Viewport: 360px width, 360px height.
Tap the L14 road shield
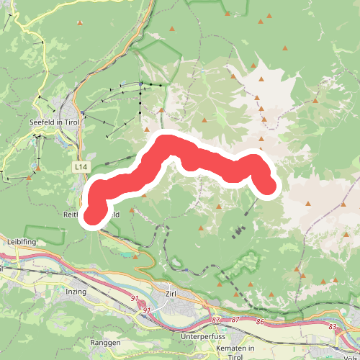tap(81, 167)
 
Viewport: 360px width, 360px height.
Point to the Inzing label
tap(75, 291)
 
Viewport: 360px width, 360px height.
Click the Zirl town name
tap(171, 294)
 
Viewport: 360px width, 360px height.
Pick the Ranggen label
tap(106, 343)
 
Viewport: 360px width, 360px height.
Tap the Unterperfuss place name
tap(204, 336)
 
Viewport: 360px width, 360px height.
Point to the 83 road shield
tap(332, 327)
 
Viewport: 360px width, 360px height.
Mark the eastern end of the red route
tap(268, 186)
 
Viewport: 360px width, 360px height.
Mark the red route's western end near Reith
tap(93, 214)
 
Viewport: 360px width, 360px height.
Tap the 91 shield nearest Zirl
tap(146, 310)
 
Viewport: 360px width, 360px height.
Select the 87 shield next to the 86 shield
tap(235, 319)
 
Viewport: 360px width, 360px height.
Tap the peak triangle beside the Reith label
tap(132, 211)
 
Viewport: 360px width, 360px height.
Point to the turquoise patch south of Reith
tap(136, 256)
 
